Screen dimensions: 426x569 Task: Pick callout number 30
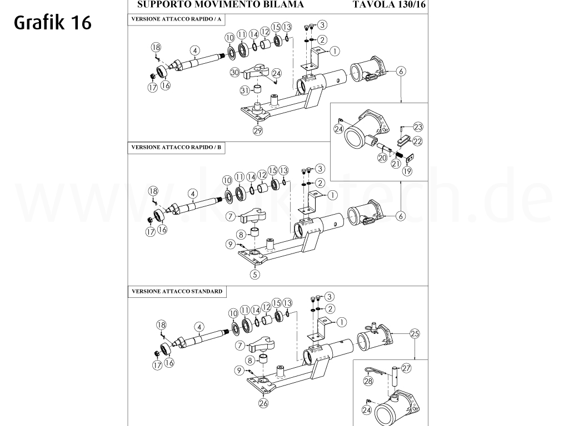(x=234, y=73)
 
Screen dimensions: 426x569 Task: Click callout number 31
(x=244, y=90)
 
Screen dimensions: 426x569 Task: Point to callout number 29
(x=257, y=131)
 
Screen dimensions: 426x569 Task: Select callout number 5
(x=255, y=273)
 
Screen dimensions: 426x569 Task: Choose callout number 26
(x=263, y=403)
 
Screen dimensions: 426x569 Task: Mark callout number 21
(x=396, y=163)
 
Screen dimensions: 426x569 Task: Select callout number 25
(x=414, y=333)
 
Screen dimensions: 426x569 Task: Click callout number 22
(x=417, y=141)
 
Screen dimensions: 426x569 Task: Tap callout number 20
(x=382, y=158)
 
